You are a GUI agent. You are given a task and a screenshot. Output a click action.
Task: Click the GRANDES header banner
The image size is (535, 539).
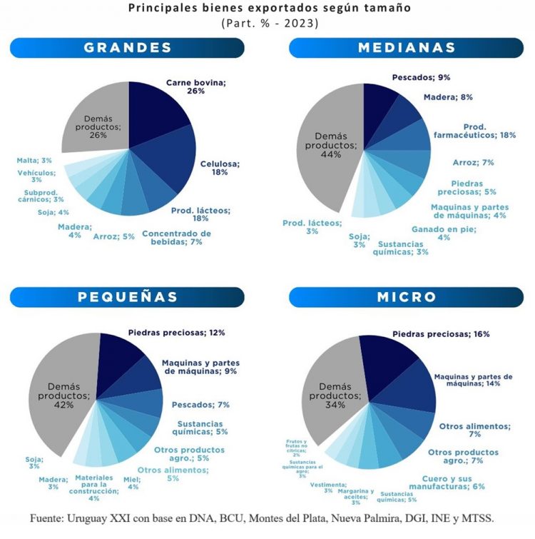pyautogui.click(x=128, y=48)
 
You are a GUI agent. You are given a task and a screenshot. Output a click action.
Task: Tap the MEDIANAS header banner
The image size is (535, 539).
pyautogui.click(x=407, y=48)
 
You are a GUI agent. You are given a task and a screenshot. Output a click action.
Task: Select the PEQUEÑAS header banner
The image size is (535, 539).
pyautogui.click(x=128, y=296)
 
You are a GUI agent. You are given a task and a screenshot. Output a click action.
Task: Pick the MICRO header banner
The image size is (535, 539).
pyautogui.click(x=407, y=296)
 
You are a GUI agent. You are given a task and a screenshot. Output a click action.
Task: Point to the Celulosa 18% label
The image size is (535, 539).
pyautogui.click(x=220, y=168)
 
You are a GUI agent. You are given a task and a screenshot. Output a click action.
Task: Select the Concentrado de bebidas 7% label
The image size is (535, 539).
pyautogui.click(x=176, y=238)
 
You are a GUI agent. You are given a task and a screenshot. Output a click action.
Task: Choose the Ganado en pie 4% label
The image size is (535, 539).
pyautogui.click(x=443, y=233)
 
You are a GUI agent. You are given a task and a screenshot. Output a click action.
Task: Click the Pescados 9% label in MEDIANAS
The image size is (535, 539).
pyautogui.click(x=420, y=77)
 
